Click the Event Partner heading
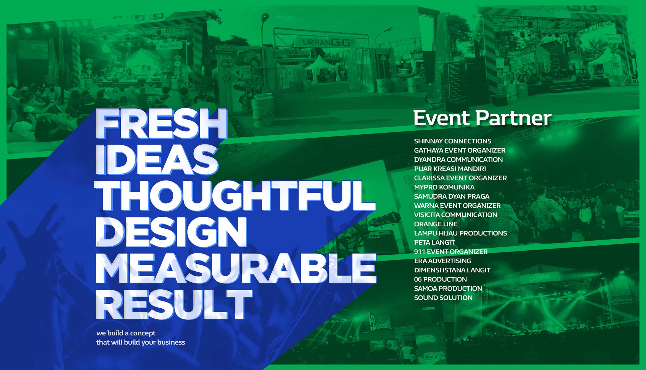pos(482,118)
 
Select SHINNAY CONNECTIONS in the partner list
pos(453,141)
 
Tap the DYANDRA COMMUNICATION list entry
pos(458,160)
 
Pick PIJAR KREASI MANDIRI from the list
pos(450,169)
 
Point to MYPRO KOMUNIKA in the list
pos(444,187)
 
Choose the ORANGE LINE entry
pos(436,224)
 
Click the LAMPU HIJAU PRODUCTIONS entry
pos(460,233)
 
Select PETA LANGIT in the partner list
pos(434,242)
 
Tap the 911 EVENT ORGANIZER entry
pos(451,252)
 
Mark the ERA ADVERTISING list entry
pos(443,261)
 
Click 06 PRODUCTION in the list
pos(441,279)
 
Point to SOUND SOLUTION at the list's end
pos(443,298)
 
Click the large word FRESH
pos(161,124)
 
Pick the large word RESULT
pos(174,305)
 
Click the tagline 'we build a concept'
pos(126,333)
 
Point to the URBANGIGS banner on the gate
pos(325,42)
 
